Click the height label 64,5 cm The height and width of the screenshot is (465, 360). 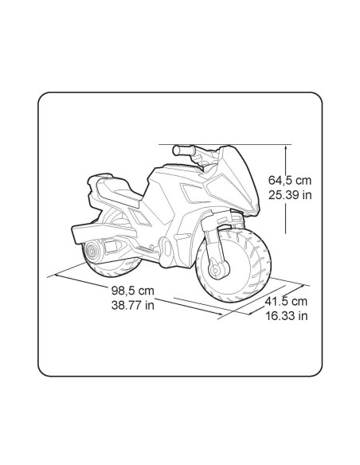pyautogui.click(x=290, y=180)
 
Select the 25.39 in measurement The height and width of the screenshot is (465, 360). pyautogui.click(x=290, y=195)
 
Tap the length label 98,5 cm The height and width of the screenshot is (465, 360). pyautogui.click(x=133, y=291)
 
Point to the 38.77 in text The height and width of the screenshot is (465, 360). pyautogui.click(x=133, y=305)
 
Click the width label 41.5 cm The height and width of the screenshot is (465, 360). pyautogui.click(x=286, y=301)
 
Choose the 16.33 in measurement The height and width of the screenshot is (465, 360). pyautogui.click(x=286, y=316)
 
